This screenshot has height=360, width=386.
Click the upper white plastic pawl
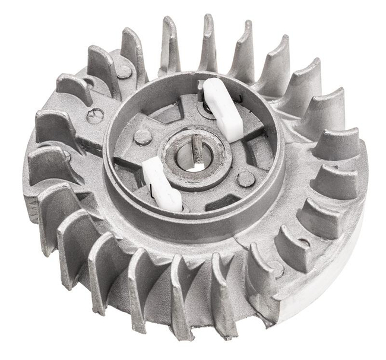click(x=223, y=109)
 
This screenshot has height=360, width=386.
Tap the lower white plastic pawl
click(x=162, y=184)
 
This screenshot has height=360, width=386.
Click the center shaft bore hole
click(x=196, y=161)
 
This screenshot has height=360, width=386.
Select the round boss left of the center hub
click(x=143, y=137)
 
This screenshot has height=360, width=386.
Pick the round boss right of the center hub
click(x=246, y=179)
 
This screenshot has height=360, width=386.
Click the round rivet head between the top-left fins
click(x=124, y=72)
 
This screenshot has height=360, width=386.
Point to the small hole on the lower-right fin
click(x=304, y=243)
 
